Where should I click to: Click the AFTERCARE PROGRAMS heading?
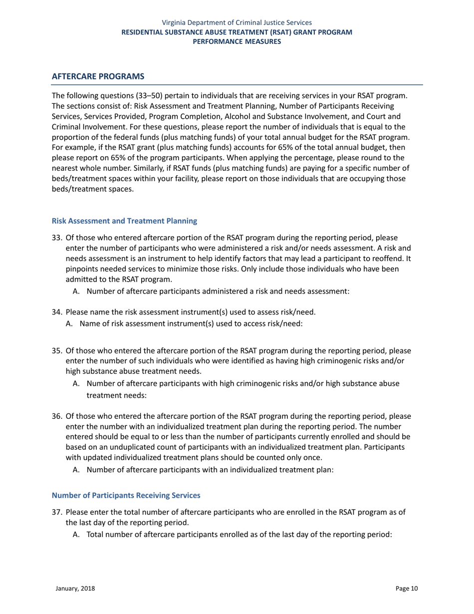point(98,76)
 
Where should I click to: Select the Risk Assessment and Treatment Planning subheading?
point(124,221)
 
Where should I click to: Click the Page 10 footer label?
point(407,589)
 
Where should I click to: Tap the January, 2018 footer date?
point(75,589)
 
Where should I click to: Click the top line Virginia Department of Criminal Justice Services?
point(237,22)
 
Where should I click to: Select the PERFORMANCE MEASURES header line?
point(237,41)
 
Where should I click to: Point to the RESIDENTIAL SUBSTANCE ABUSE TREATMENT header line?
point(237,32)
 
